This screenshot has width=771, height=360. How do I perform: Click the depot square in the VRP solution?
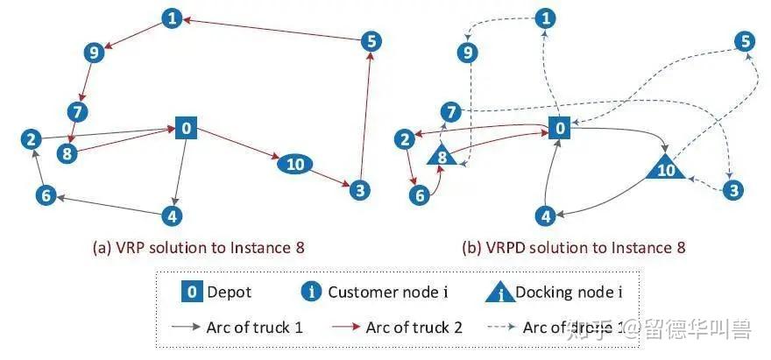pos(186,128)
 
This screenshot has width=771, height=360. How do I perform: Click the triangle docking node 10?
pos(666,167)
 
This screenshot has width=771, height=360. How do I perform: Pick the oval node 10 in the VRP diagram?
pos(295,164)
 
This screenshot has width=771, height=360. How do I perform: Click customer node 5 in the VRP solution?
pos(370,40)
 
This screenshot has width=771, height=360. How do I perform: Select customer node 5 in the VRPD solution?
pos(745,40)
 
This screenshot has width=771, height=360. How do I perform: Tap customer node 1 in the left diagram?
pos(173,17)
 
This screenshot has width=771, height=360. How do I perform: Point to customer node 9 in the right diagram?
pos(470,53)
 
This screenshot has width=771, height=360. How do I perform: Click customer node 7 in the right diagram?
pos(450,112)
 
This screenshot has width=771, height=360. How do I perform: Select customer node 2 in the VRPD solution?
pos(405,139)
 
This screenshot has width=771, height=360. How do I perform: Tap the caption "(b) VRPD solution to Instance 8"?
pos(573,248)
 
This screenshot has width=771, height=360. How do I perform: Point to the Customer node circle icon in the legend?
pos(312,293)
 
